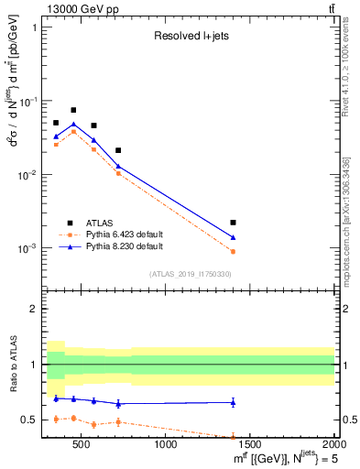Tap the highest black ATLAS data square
73,110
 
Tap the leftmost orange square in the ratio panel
56,419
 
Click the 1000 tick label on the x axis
167,445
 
